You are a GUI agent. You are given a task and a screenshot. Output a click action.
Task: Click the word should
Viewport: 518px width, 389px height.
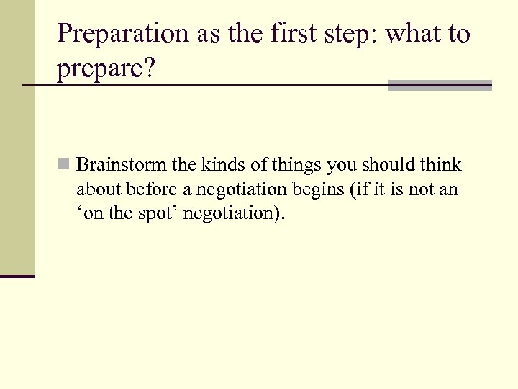(388, 166)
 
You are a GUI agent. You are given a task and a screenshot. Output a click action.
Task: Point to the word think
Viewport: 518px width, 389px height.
(441, 166)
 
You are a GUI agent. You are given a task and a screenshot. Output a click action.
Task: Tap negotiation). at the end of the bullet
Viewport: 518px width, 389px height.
(236, 215)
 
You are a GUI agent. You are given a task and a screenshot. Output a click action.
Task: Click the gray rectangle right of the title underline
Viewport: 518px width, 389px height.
(440, 85)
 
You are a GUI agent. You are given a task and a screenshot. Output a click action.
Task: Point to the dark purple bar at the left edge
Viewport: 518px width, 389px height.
(17, 276)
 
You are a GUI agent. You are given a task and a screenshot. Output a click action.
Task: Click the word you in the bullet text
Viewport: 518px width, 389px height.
(340, 166)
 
